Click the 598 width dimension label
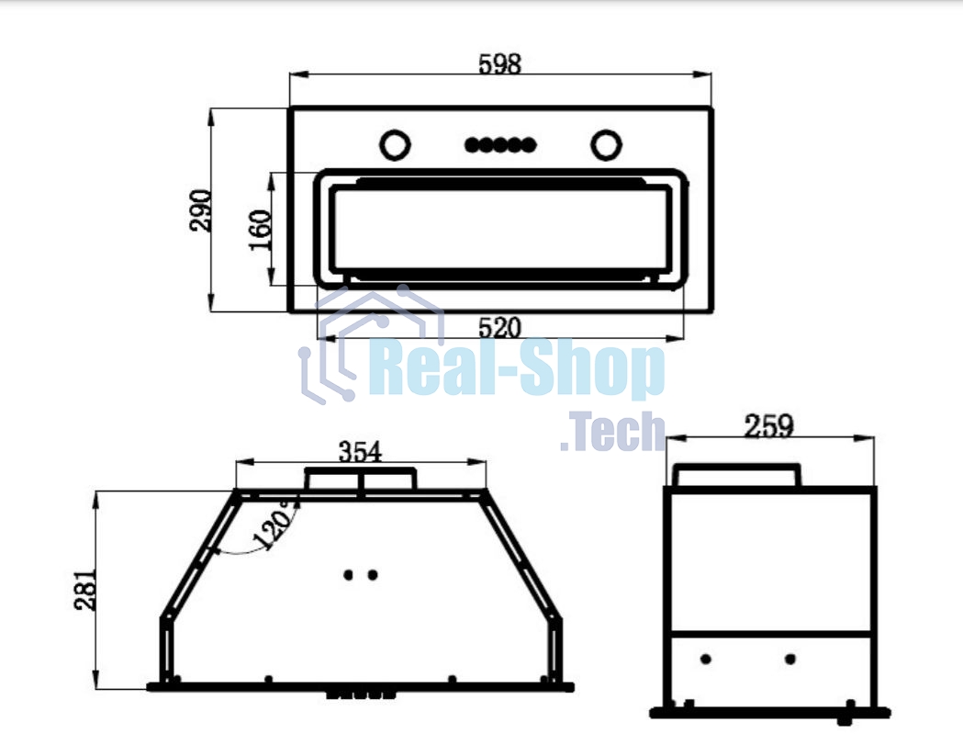tap(500, 64)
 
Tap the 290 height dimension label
tap(201, 210)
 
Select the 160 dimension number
tap(261, 230)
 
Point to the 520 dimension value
tap(500, 328)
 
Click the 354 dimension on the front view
tap(361, 453)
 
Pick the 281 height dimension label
tap(85, 590)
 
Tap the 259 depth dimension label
tap(769, 426)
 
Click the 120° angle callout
tap(275, 525)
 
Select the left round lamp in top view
tap(395, 145)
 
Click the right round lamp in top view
tap(606, 145)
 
